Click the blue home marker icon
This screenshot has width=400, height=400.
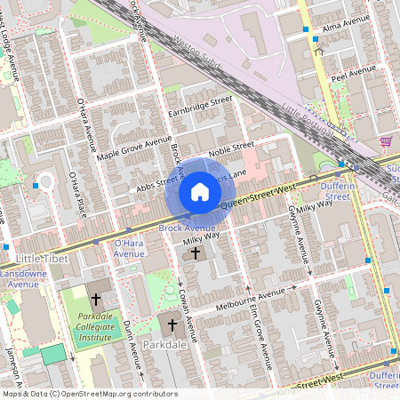[x=200, y=192]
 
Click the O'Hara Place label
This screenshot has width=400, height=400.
[x=76, y=195]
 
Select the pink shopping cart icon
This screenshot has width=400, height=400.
[x=386, y=141]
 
